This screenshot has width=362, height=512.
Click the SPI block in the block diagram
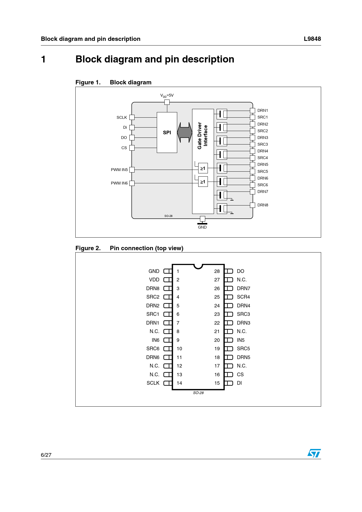pyautogui.click(x=167, y=133)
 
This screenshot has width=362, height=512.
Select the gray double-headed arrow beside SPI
pyautogui.click(x=185, y=133)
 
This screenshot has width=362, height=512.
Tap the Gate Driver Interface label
pyautogui.click(x=203, y=136)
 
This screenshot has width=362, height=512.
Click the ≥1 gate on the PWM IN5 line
pyautogui.click(x=203, y=168)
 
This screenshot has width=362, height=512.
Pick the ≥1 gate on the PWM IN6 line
pyautogui.click(x=203, y=182)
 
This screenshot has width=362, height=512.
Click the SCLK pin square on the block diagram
pyautogui.click(x=132, y=117)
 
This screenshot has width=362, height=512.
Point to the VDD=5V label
pyautogui.click(x=167, y=95)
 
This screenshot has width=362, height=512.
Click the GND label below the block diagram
pyautogui.click(x=202, y=227)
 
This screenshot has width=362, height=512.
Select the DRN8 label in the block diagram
pyautogui.click(x=263, y=205)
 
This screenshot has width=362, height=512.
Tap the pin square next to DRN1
pyautogui.click(x=253, y=110)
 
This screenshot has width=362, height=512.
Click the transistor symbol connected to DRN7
pyautogui.click(x=222, y=195)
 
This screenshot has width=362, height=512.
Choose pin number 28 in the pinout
pyautogui.click(x=217, y=271)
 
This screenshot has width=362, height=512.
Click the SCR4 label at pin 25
pyautogui.click(x=243, y=297)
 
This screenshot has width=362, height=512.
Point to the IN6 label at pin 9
pyautogui.click(x=156, y=340)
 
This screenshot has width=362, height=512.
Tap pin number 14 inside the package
pyautogui.click(x=179, y=383)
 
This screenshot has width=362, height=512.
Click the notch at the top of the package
pyautogui.click(x=198, y=266)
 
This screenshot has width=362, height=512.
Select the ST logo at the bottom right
pyautogui.click(x=314, y=453)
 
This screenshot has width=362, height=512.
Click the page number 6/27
pyautogui.click(x=46, y=455)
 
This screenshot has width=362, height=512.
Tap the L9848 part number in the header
pyautogui.click(x=312, y=39)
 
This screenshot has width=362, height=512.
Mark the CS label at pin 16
pyautogui.click(x=240, y=375)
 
